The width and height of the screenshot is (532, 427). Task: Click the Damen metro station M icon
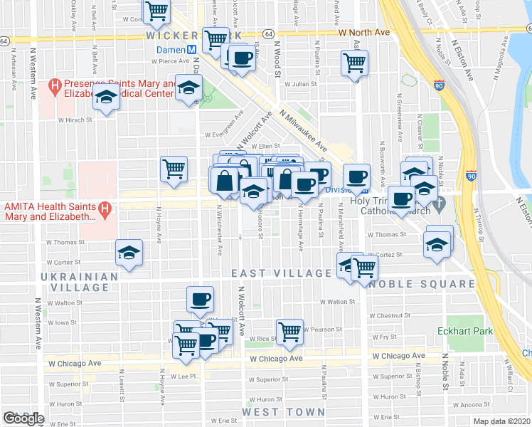pos(191,50)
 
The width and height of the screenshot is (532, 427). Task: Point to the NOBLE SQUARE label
pos(422,284)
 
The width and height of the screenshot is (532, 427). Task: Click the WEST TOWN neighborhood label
pos(283,412)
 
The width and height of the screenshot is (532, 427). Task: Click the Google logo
pos(23,418)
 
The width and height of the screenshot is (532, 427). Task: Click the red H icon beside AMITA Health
pos(105,209)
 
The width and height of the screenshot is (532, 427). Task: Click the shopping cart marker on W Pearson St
pos(289,330)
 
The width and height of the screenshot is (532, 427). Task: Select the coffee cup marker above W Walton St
pos(200,299)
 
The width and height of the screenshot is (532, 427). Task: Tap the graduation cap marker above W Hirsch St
pos(106,100)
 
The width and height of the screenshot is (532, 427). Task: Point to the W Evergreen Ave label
pos(224,133)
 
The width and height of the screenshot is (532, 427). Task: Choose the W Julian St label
pos(299,84)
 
